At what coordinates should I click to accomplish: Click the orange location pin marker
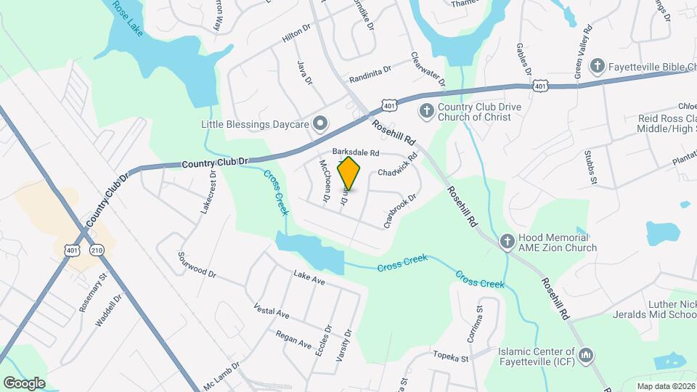348,173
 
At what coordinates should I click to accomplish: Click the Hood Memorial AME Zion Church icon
508,241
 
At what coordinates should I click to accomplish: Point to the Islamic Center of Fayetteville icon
587,356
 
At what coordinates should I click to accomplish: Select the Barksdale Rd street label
356,152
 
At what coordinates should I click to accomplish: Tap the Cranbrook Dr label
400,209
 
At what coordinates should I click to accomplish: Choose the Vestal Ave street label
272,311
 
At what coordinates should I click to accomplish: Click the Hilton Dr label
296,36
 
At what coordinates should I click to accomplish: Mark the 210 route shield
97,250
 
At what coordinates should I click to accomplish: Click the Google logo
24,383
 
